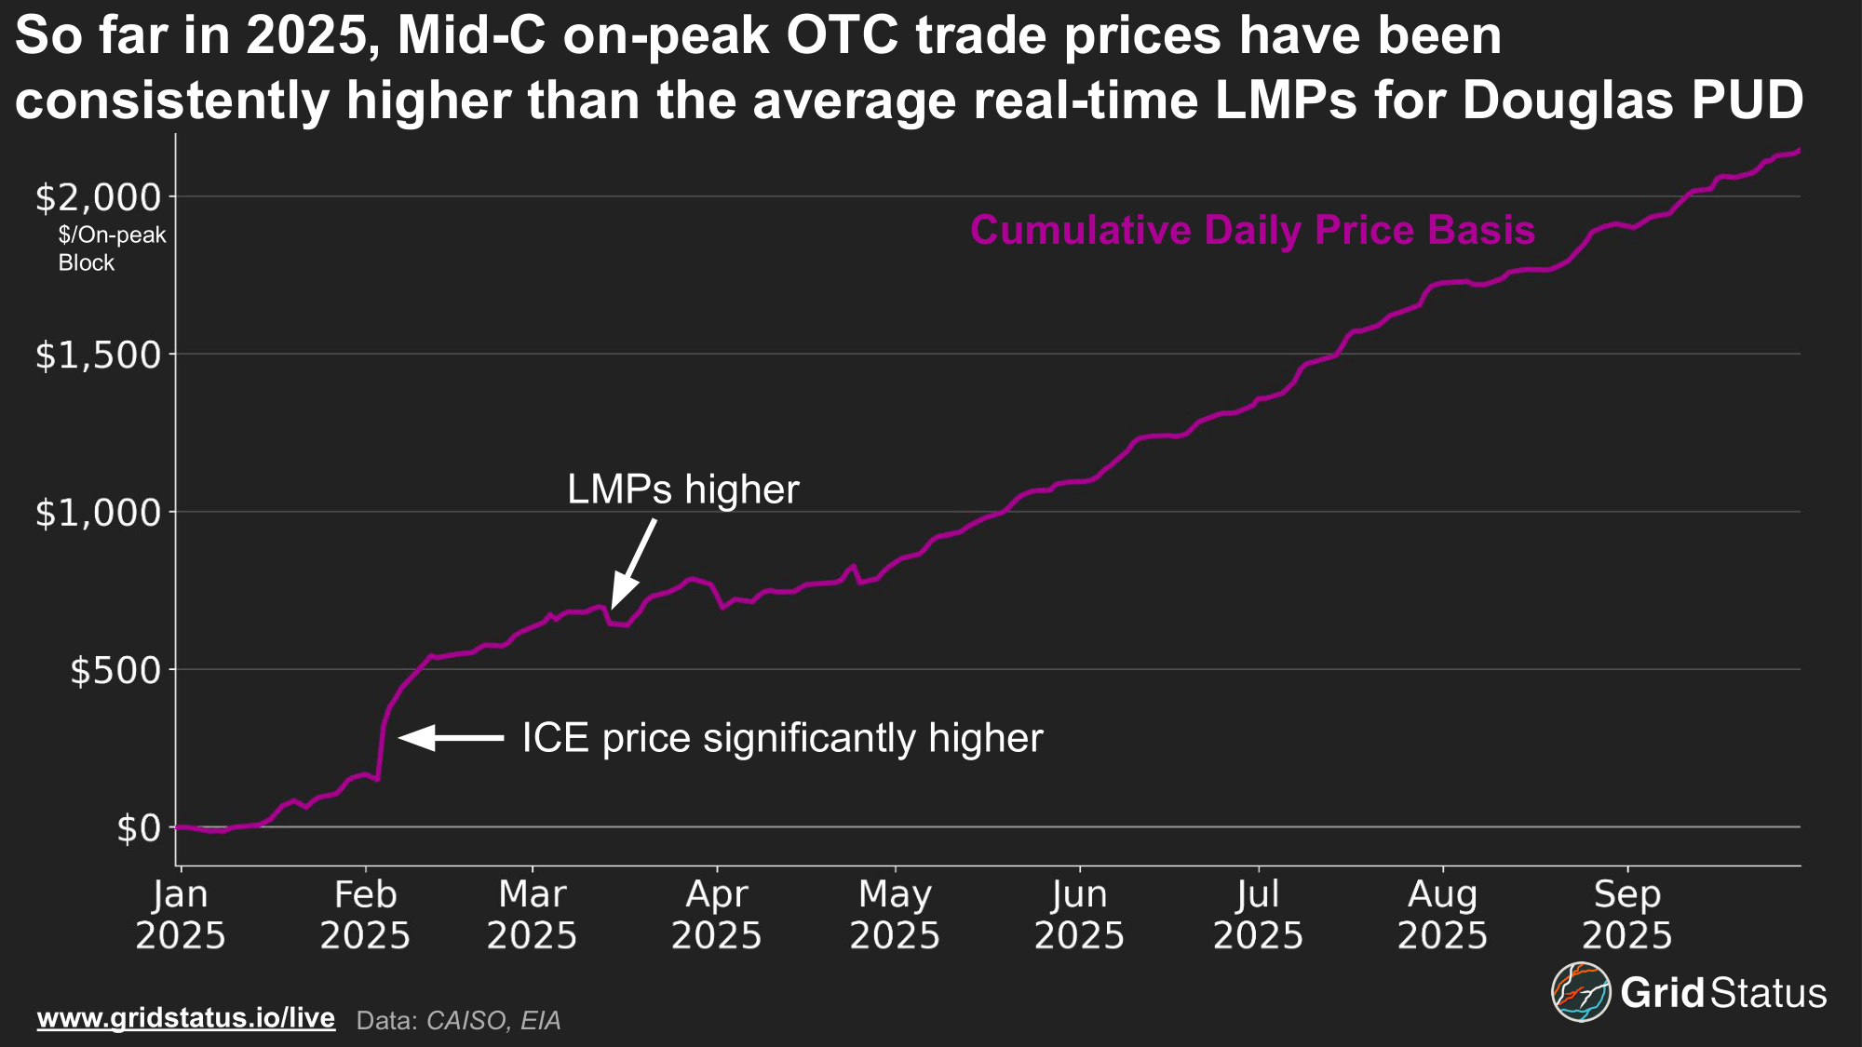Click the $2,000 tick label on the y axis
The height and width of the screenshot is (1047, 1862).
[x=98, y=197]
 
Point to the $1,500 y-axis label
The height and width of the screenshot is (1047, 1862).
[x=98, y=355]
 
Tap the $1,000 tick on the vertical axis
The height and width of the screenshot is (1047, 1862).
[x=98, y=512]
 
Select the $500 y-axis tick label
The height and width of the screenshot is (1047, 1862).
[x=115, y=670]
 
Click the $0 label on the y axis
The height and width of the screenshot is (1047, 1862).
[x=139, y=827]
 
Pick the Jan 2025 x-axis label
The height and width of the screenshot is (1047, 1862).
[x=181, y=914]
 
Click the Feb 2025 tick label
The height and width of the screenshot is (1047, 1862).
[x=365, y=914]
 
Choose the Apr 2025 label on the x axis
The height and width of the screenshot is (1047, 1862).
[x=717, y=914]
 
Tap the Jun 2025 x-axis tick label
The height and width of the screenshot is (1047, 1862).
[x=1079, y=914]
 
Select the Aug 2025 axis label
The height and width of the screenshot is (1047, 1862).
[x=1442, y=914]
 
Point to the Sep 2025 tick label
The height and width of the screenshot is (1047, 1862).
[x=1627, y=914]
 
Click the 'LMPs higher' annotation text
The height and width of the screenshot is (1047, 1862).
[x=682, y=490]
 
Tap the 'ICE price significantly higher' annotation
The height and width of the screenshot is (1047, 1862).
[x=782, y=738]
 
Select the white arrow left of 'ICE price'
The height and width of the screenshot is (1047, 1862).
[x=452, y=738]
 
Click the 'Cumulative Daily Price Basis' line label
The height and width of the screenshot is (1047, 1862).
[x=1252, y=230]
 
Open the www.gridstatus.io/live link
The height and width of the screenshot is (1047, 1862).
[x=186, y=1017]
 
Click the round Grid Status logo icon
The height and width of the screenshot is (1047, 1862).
[x=1580, y=992]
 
